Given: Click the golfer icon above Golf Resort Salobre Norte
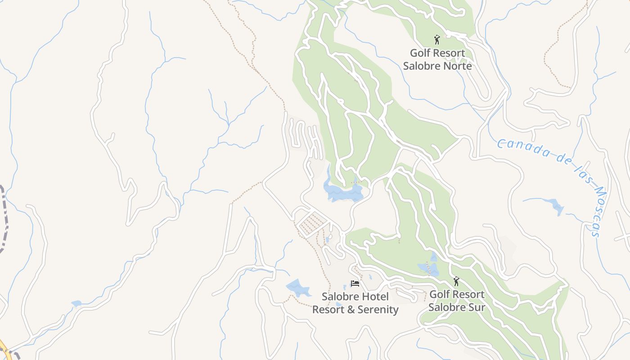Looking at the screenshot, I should pos(436,40).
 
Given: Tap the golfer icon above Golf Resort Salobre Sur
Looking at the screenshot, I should pos(456,282).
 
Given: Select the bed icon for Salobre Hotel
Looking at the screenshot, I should pos(355,283).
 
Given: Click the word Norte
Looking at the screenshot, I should pos(456,66).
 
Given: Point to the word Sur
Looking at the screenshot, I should pos(476,307).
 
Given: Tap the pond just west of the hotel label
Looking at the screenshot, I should pos(298,288).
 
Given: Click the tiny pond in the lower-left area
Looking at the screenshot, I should pos(76,304).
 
